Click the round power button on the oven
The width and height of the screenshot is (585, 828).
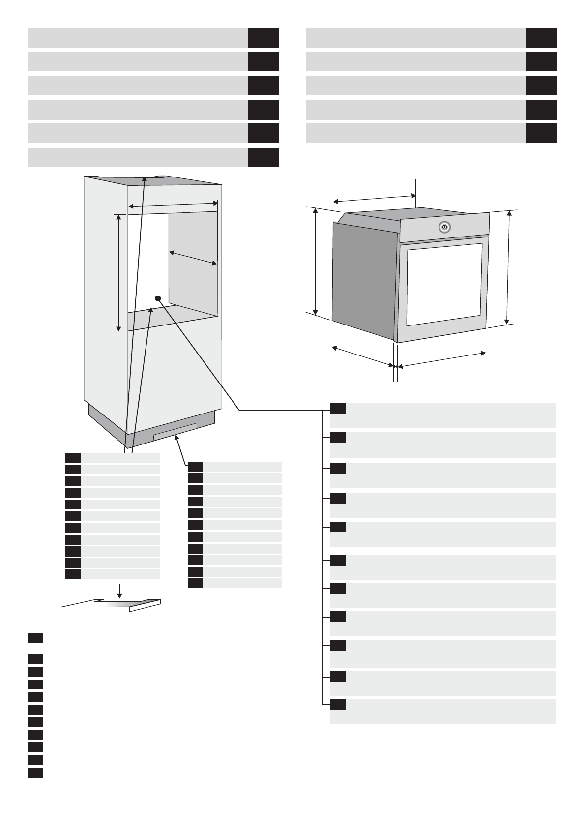pyautogui.click(x=444, y=227)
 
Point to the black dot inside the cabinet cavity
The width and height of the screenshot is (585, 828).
pyautogui.click(x=158, y=298)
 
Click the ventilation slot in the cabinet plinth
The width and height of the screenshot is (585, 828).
pyautogui.click(x=175, y=431)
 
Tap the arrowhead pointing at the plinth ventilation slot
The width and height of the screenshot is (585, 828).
pyautogui.click(x=175, y=439)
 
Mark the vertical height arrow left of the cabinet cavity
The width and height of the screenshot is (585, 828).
pyautogui.click(x=118, y=272)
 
